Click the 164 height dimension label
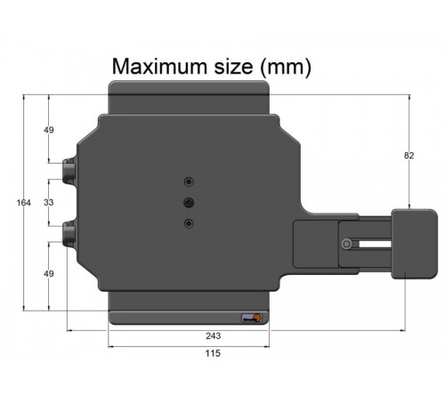pyautogui.click(x=24, y=203)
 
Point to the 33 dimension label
pyautogui.click(x=49, y=203)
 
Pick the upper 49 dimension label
pyautogui.click(x=49, y=131)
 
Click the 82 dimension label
pyautogui.click(x=409, y=156)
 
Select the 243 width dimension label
pyautogui.click(x=213, y=336)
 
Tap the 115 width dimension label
pyautogui.click(x=213, y=353)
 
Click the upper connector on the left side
pyautogui.click(x=70, y=169)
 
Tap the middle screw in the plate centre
pyautogui.click(x=188, y=202)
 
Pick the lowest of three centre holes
pyautogui.click(x=188, y=223)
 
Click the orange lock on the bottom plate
pyautogui.click(x=256, y=319)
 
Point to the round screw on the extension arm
pyautogui.click(x=344, y=245)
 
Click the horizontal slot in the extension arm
pyautogui.click(x=369, y=245)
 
